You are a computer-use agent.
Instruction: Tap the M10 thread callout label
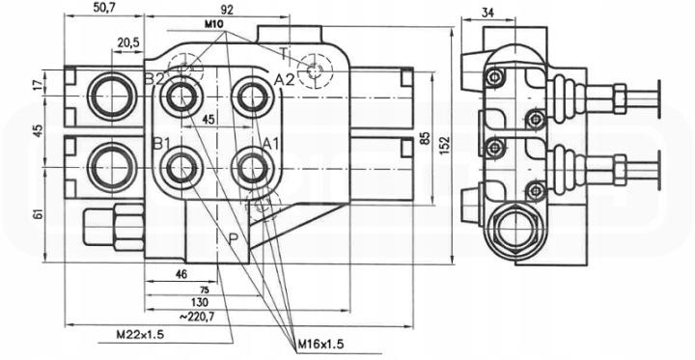[x=213, y=24]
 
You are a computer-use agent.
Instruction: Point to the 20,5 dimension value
[x=128, y=42]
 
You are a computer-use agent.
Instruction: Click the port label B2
[x=155, y=79]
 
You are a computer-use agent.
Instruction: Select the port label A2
[x=284, y=80]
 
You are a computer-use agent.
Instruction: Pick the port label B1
[x=161, y=144]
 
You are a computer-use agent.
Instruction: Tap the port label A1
[x=270, y=144]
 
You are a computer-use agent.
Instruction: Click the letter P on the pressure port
[x=234, y=239]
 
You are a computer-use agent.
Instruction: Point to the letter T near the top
[x=284, y=53]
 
